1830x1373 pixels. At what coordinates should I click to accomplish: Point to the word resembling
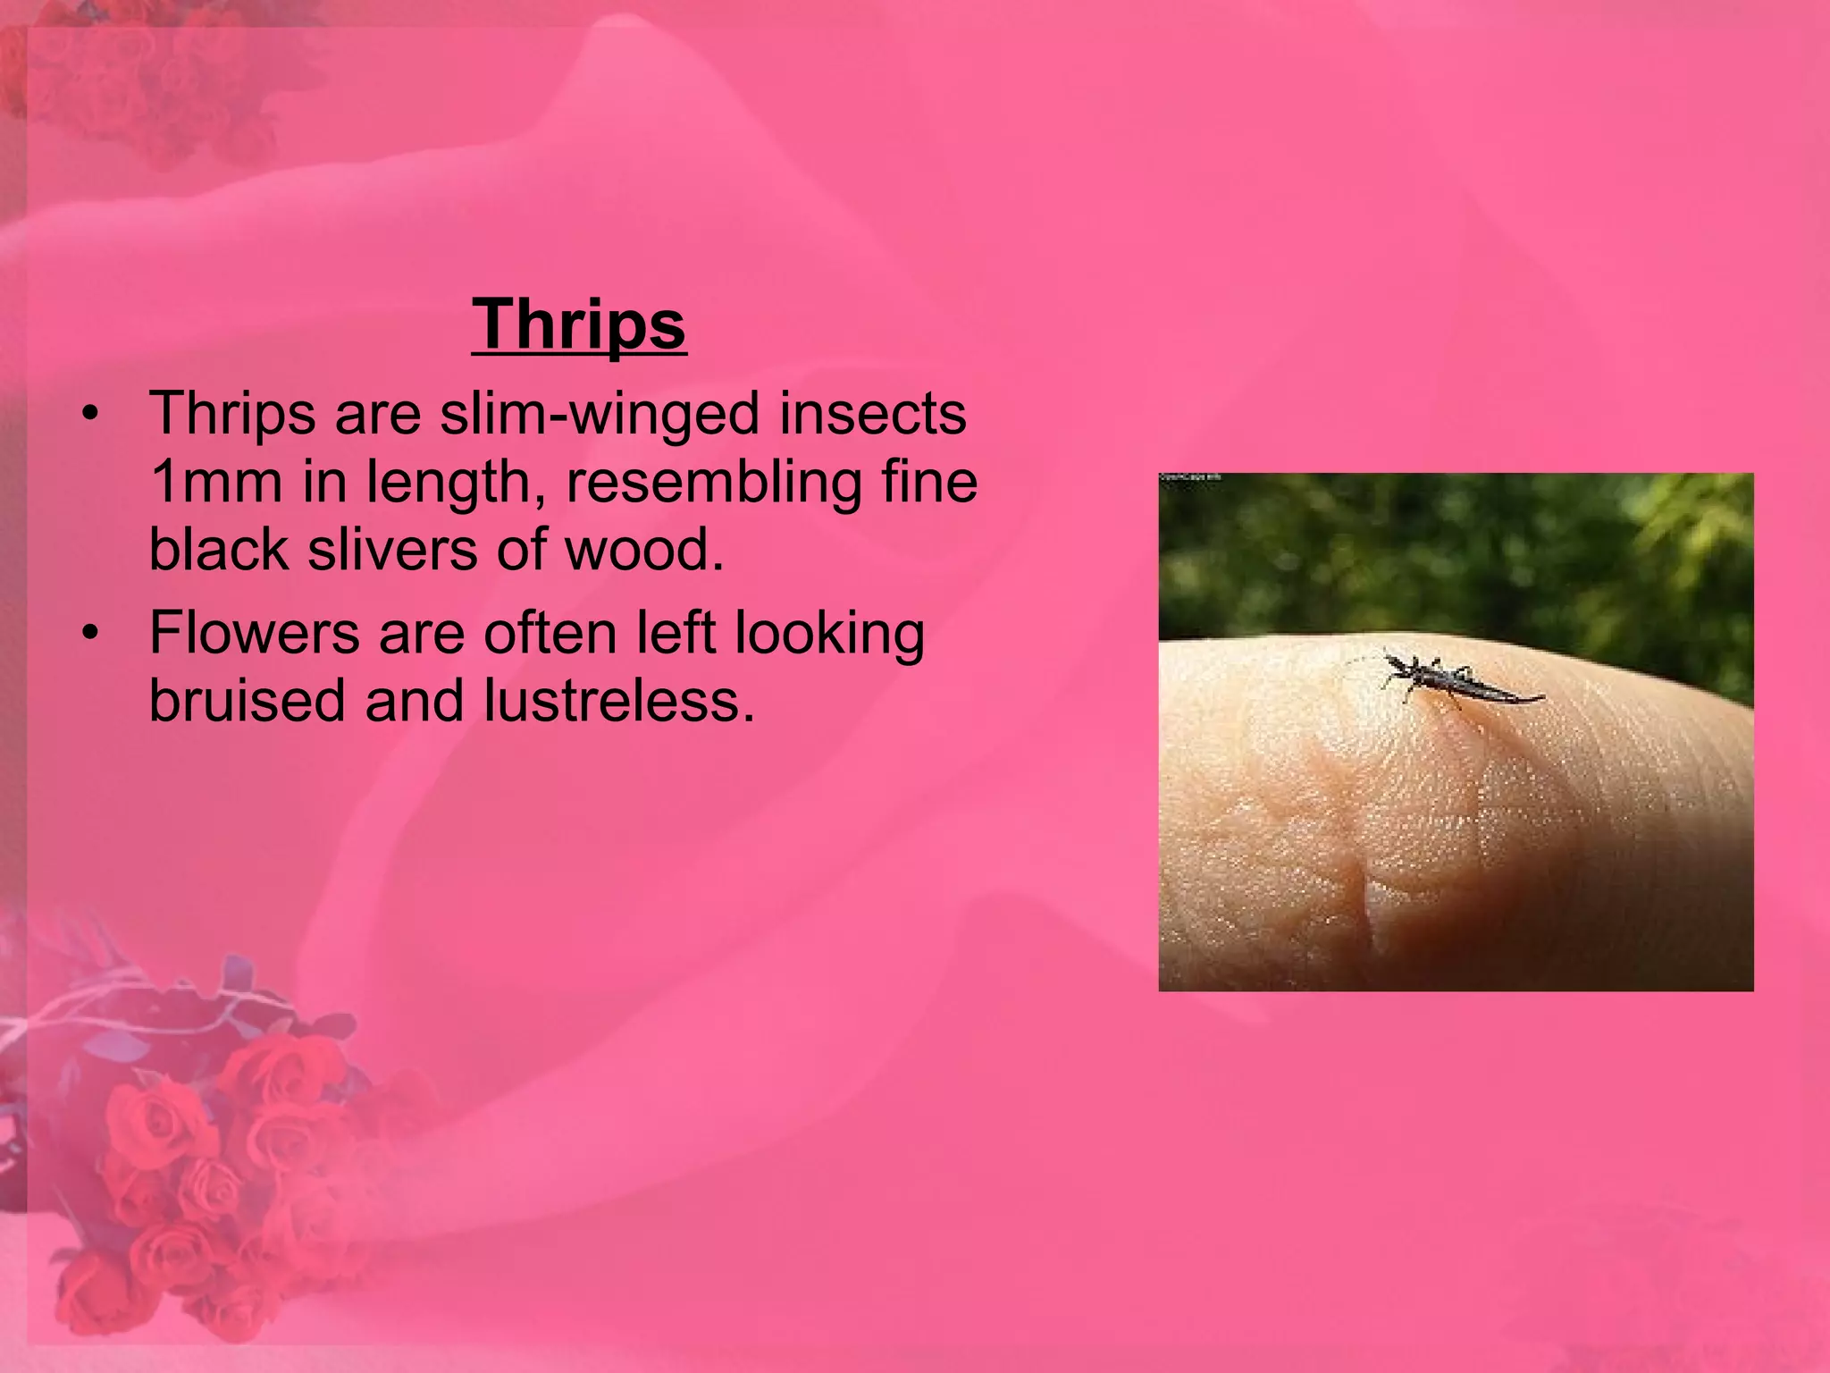[713, 483]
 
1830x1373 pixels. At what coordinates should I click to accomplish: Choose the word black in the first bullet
[219, 548]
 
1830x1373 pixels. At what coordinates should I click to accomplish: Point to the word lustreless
[618, 699]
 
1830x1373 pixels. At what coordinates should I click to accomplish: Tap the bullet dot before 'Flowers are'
[88, 635]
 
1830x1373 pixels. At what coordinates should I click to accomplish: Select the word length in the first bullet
[453, 483]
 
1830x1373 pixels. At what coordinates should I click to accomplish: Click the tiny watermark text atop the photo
[1190, 478]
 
